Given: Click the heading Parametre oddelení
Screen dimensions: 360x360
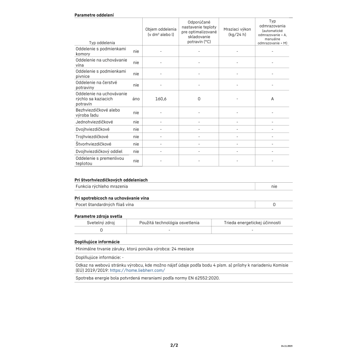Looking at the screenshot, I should coord(94,15).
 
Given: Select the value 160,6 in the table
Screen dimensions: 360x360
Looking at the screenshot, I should coord(161,99).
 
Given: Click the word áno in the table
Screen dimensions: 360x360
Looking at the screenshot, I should coord(136,99).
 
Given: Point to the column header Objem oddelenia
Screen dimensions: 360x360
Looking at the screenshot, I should coord(161,31).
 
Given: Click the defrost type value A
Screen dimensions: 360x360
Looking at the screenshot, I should coord(272,99).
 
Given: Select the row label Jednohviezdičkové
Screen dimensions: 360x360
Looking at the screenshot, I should coord(94,122).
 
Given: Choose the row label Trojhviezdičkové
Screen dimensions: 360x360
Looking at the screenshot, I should coord(92,136).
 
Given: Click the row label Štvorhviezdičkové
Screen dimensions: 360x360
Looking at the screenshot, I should coord(93,144).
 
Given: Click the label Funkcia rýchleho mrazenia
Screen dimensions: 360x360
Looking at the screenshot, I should coord(102,186).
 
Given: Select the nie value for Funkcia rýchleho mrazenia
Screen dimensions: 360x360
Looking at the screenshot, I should coord(274,186).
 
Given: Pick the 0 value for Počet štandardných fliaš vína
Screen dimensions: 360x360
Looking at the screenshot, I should coord(274,204).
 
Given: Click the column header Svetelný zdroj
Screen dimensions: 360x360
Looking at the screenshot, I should coord(101,222).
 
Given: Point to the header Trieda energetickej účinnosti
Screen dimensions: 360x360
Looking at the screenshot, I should coord(252,222).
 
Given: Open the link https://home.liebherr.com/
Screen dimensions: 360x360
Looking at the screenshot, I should coord(137,270).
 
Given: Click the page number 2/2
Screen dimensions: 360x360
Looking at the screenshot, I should coord(174,345).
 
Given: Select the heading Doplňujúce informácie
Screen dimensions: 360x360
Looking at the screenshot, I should coord(97,242).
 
